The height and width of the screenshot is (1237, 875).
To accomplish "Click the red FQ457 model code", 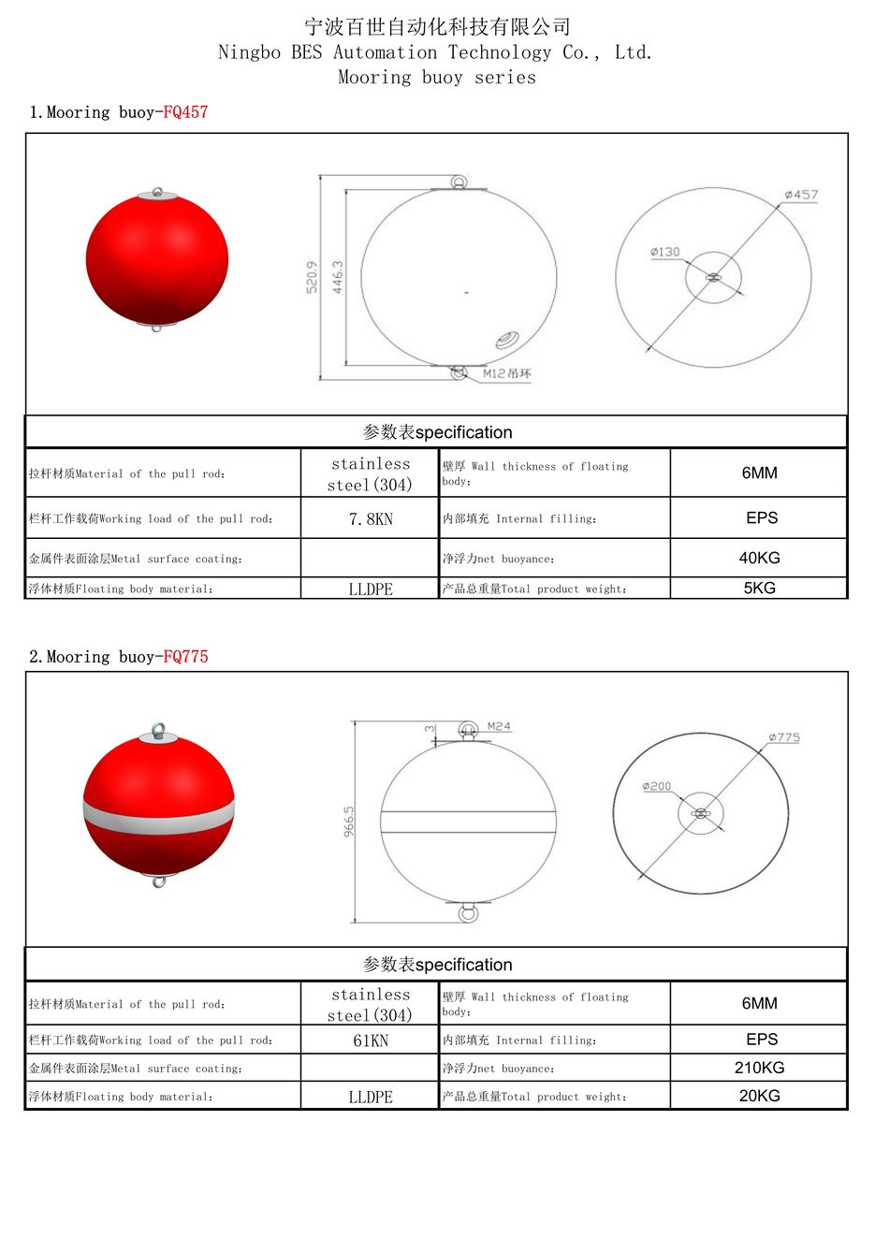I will tap(185, 112).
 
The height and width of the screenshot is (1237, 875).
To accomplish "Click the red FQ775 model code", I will tap(185, 657).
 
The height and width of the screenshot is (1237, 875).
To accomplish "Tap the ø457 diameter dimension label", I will tap(801, 195).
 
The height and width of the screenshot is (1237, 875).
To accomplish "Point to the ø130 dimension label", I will tap(665, 252).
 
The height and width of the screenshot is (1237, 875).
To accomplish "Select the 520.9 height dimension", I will tap(312, 277).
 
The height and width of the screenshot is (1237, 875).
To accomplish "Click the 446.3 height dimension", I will tap(337, 277).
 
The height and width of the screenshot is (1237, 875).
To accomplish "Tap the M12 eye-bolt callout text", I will tap(507, 373).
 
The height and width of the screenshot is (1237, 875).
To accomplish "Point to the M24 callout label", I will tap(499, 726).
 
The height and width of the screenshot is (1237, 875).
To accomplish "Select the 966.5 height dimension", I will tap(349, 822).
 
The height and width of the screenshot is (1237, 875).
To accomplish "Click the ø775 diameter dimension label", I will tap(784, 737).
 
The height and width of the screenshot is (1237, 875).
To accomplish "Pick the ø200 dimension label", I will tap(657, 786).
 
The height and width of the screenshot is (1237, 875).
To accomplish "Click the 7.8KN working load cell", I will tap(371, 519).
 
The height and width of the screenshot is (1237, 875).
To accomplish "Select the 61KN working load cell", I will tap(371, 1041).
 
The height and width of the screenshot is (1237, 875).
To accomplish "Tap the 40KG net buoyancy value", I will tap(759, 558).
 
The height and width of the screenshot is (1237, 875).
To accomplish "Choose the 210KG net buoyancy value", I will tap(759, 1068).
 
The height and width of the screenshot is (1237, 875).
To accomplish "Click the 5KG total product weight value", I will tap(759, 589).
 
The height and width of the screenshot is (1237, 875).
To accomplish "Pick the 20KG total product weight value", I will tap(759, 1096).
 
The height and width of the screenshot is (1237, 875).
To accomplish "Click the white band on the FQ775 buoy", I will tap(158, 817).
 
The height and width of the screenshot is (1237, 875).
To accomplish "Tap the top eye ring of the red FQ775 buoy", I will tap(158, 730).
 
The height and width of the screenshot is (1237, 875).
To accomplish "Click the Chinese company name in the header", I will tap(437, 26).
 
